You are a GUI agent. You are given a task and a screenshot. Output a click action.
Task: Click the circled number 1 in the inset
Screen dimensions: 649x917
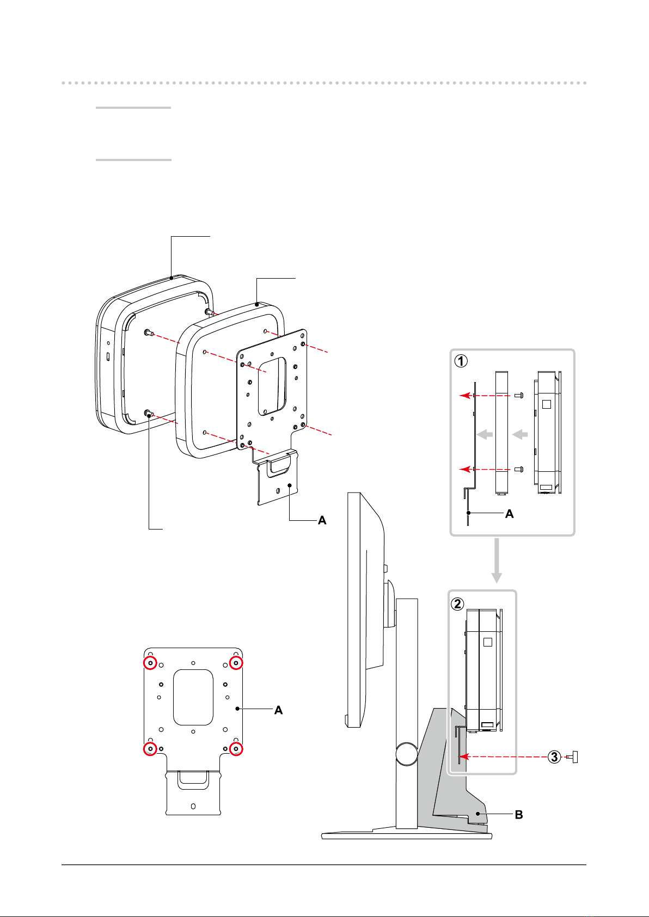coord(461,361)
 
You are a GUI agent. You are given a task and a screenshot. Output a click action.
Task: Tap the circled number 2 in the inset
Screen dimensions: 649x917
coord(457,604)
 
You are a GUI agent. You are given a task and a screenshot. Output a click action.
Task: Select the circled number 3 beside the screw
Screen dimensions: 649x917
coord(554,757)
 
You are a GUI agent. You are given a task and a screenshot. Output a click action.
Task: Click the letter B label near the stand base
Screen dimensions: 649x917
coord(519,815)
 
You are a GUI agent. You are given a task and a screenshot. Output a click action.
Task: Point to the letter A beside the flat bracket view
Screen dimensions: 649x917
coord(278,710)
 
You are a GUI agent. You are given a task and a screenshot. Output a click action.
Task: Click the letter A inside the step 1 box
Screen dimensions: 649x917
coord(510,514)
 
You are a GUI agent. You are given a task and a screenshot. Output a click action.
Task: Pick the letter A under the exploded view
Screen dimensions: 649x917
coord(322,520)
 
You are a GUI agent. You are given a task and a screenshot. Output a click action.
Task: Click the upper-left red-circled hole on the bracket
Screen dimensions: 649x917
coord(150,663)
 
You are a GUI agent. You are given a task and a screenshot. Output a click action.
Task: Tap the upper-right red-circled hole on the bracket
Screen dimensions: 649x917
coord(236,663)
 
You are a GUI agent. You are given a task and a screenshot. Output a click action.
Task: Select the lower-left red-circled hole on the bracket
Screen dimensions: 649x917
coord(150,749)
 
